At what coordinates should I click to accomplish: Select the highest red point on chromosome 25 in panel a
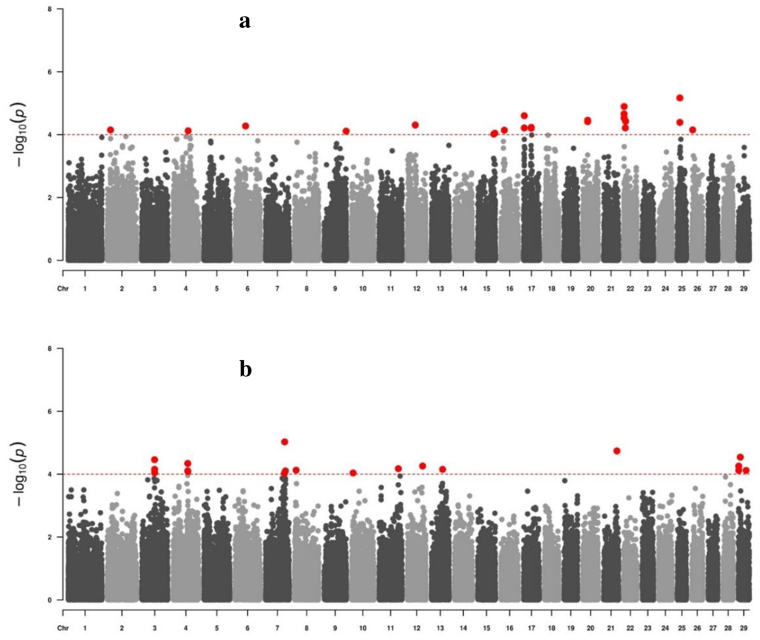680,98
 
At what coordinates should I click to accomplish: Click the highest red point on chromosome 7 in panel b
285,442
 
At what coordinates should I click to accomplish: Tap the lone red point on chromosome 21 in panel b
617,450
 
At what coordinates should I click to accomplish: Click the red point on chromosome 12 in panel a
415,125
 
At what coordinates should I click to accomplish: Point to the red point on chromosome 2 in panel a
111,130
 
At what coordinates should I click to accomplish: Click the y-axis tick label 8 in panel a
49,9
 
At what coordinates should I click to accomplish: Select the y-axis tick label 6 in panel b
49,411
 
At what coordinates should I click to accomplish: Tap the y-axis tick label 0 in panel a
49,261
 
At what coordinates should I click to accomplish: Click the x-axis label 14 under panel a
463,289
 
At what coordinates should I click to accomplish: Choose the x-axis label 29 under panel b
744,628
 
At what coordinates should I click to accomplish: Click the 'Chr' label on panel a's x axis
63,289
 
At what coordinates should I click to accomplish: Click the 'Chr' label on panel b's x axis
63,628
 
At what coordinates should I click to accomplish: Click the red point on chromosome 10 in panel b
353,473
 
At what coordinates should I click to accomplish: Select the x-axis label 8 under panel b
307,628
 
